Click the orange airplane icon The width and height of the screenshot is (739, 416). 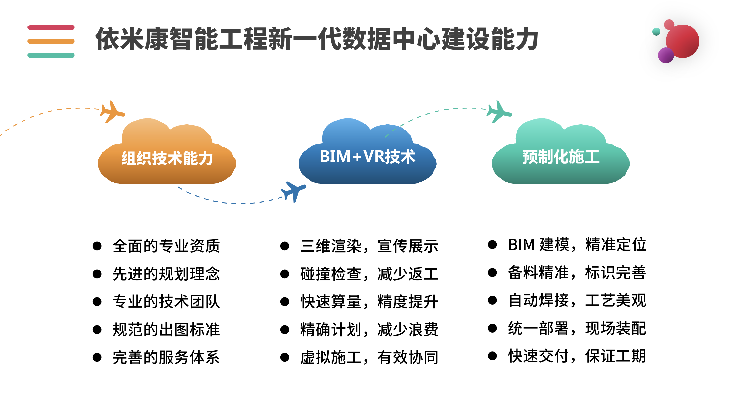tap(112, 112)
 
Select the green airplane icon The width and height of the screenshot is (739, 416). tap(499, 112)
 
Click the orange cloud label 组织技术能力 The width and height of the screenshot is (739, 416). tap(167, 158)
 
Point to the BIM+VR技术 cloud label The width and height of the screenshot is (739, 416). tap(368, 157)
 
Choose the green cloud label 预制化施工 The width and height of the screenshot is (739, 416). tap(561, 157)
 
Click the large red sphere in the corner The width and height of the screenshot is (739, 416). tap(683, 41)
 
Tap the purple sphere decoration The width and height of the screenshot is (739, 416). tap(666, 55)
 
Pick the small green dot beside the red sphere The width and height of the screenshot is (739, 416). tap(656, 32)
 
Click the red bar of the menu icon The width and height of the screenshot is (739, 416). tap(51, 27)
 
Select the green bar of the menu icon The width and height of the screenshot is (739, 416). tap(51, 55)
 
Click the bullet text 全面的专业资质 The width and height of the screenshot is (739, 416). tap(166, 246)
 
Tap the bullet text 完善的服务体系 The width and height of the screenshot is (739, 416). tap(166, 357)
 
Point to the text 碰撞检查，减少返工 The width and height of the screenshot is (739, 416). tap(369, 274)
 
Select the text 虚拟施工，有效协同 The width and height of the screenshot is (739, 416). tap(369, 357)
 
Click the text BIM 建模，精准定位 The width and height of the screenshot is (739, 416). tap(577, 245)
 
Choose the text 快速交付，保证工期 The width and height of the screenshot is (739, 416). tap(577, 356)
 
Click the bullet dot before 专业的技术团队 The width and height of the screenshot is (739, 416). tap(97, 302)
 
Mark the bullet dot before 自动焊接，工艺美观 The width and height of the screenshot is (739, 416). tap(492, 300)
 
